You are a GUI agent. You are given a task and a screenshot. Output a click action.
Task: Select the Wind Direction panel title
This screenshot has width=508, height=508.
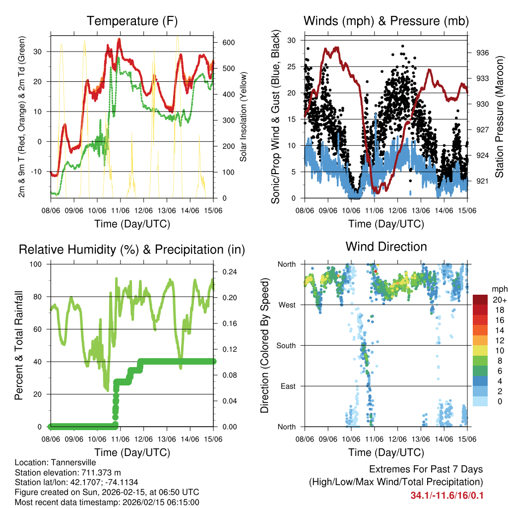coord(386,247)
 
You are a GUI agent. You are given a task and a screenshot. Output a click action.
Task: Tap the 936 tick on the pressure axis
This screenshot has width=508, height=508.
coord(483,53)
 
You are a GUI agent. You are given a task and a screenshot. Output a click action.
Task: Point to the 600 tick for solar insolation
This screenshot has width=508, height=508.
coord(228,43)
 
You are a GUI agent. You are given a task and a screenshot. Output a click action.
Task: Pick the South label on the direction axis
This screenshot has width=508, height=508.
coord(286,345)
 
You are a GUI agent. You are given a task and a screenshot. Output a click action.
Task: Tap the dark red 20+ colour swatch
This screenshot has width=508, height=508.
coord(480,300)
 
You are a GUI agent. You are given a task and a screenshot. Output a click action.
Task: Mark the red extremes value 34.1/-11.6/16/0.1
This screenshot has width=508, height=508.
coord(446,496)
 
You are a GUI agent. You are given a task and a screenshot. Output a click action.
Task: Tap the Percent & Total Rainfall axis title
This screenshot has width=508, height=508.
coord(19,345)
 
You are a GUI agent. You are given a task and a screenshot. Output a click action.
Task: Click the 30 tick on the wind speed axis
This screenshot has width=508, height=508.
coord(293,40)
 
